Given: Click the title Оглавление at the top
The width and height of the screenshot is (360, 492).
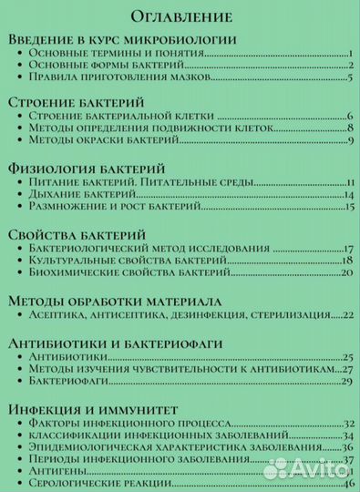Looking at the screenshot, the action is (x=180, y=16).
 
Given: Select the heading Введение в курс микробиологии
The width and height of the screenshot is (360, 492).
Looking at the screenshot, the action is (x=122, y=42).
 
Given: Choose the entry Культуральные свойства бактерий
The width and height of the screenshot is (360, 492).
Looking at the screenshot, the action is (x=126, y=261).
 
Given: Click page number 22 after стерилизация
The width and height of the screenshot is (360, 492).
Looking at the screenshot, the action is (x=346, y=315).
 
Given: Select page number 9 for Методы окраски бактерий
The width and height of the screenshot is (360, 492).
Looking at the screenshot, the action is (x=349, y=140).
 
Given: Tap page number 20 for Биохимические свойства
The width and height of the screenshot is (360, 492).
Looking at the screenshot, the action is (x=346, y=273).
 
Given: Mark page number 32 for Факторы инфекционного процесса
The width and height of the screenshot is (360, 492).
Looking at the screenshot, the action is (x=347, y=423).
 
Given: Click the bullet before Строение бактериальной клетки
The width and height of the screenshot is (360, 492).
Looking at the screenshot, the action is (x=21, y=116).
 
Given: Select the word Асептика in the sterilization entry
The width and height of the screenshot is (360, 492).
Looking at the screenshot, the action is (x=63, y=314).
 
